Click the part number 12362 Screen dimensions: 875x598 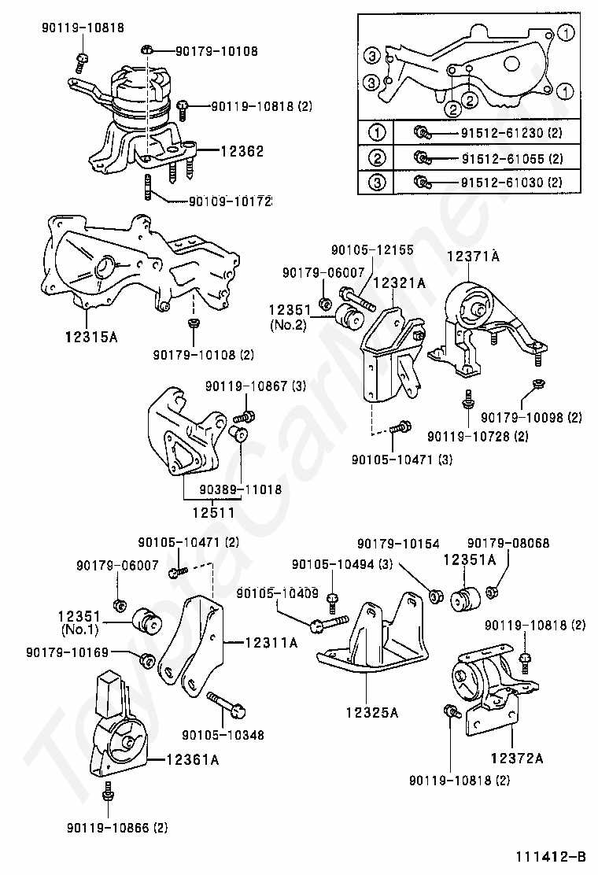(x=242, y=151)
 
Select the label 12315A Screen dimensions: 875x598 (x=91, y=337)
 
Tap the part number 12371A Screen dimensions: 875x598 (x=474, y=257)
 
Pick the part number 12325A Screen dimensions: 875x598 (x=372, y=713)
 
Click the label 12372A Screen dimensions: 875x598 (x=517, y=758)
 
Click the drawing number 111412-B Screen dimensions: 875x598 (x=552, y=856)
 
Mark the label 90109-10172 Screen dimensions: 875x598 (x=230, y=201)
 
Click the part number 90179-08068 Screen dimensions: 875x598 (x=508, y=543)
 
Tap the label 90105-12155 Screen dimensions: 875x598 (x=372, y=250)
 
